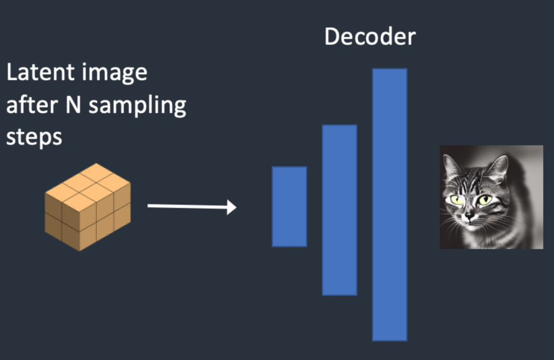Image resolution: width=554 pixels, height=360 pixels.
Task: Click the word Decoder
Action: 370,37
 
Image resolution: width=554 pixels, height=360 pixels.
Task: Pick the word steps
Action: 34,137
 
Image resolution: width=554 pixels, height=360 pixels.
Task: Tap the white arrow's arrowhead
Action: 231,207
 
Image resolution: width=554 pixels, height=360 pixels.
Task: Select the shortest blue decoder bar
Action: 289,206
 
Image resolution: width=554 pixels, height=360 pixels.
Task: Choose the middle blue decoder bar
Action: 339,210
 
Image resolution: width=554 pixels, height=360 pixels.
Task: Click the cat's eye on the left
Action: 457,198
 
